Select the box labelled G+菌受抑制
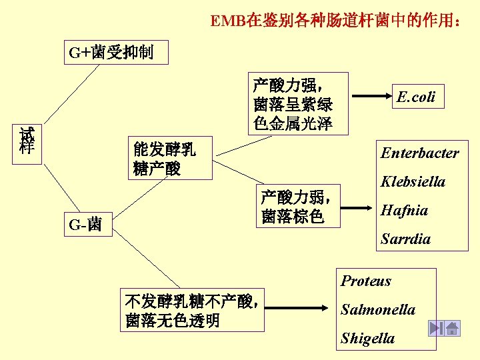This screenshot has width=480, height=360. point(111,52)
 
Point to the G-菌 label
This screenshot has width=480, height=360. point(85,225)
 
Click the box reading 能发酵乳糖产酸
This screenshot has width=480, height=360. point(163,158)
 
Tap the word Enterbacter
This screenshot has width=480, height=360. point(419,153)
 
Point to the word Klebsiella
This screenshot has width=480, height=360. point(413,181)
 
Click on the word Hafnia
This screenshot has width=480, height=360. point(404,210)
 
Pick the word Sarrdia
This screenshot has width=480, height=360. point(405,239)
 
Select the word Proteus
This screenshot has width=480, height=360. point(365,281)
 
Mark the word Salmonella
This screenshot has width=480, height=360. point(377,309)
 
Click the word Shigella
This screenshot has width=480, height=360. point(367,338)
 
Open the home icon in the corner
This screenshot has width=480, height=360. point(453,328)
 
